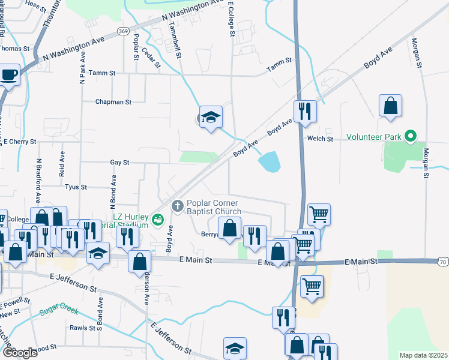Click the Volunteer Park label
click(373, 137)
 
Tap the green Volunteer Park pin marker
click(411, 136)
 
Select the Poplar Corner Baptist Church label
click(214, 207)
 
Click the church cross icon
click(177, 206)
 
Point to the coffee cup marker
click(9, 75)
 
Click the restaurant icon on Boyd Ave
click(304, 111)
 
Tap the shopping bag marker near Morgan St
click(390, 106)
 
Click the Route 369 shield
click(124, 31)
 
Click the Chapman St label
click(113, 102)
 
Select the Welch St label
click(320, 139)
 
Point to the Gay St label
click(119, 163)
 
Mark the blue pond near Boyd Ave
click(270, 161)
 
